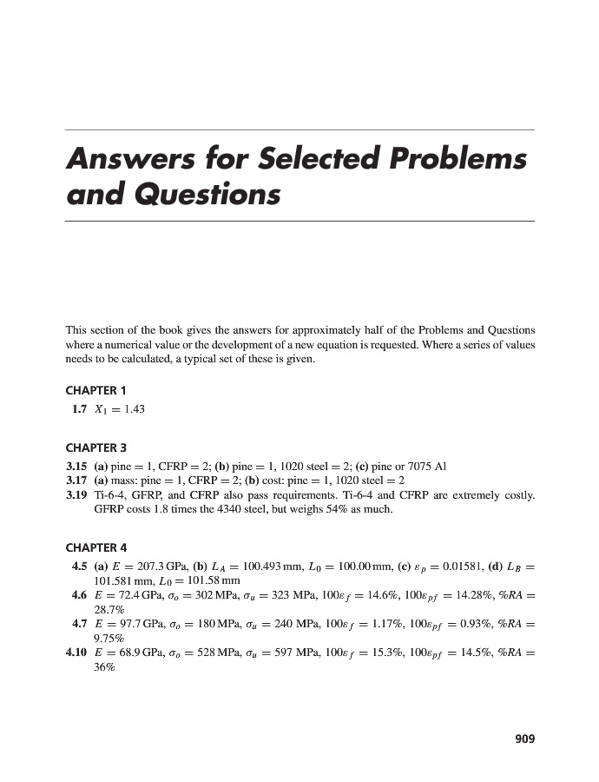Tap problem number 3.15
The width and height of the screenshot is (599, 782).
[x=78, y=466]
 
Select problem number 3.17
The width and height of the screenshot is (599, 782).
[x=78, y=480]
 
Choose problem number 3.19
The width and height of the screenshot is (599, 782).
[x=78, y=494]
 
